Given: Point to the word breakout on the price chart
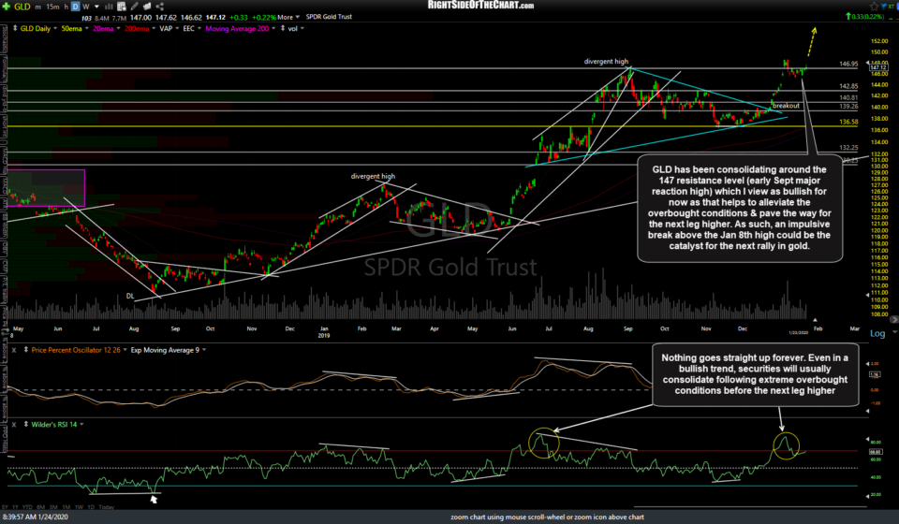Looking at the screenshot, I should coord(785,106).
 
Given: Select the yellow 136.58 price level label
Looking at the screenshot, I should coord(849,122).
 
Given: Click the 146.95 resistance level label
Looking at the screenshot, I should coord(849,64).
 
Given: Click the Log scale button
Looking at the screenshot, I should coord(877,334).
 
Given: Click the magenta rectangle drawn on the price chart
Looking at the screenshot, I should coord(43,187).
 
